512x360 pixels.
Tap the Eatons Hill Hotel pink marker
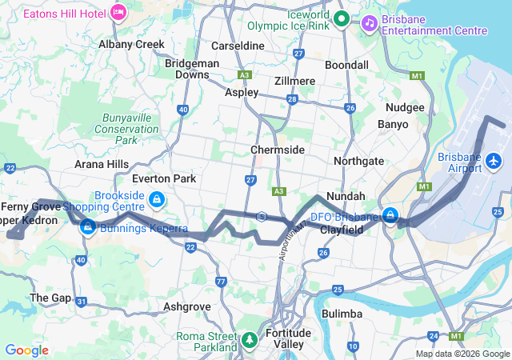click(x=118, y=12)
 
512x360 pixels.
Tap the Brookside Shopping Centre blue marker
click(x=158, y=198)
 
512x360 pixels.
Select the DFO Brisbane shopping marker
click(x=390, y=216)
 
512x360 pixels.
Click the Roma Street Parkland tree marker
click(x=250, y=342)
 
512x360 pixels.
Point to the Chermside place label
click(x=277, y=150)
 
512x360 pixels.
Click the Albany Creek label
click(x=131, y=45)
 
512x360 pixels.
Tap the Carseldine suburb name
click(x=238, y=46)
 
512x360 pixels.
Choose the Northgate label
click(x=358, y=161)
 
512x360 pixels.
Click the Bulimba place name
click(x=342, y=314)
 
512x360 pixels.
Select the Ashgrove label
click(x=186, y=306)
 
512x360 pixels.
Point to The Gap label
click(x=45, y=298)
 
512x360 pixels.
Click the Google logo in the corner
click(x=27, y=350)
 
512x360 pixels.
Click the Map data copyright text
click(x=462, y=354)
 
